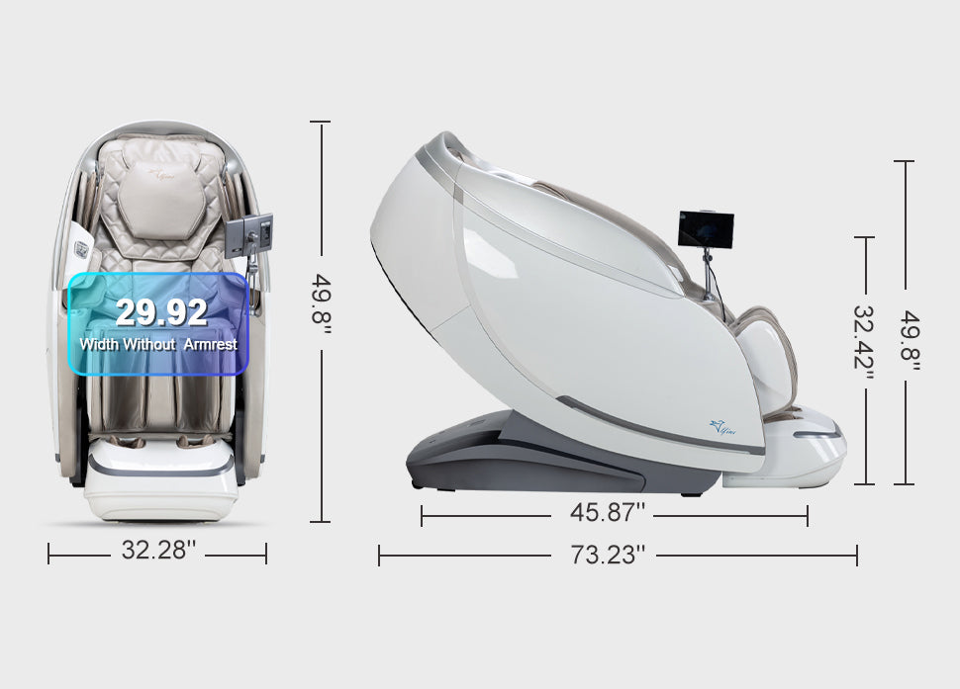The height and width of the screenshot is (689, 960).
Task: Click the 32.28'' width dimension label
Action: [x=158, y=550]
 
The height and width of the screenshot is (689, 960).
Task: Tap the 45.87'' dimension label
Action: [x=608, y=512]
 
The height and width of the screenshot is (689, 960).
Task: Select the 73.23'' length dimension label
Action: [x=608, y=556]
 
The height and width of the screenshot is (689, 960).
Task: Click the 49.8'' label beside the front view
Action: [x=321, y=299]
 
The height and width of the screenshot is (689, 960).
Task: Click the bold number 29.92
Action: [x=161, y=311]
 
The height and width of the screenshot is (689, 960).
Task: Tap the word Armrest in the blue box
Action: [x=210, y=344]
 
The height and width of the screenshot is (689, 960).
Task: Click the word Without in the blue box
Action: [x=148, y=344]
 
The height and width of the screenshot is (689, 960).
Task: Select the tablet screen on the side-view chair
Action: [x=706, y=230]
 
